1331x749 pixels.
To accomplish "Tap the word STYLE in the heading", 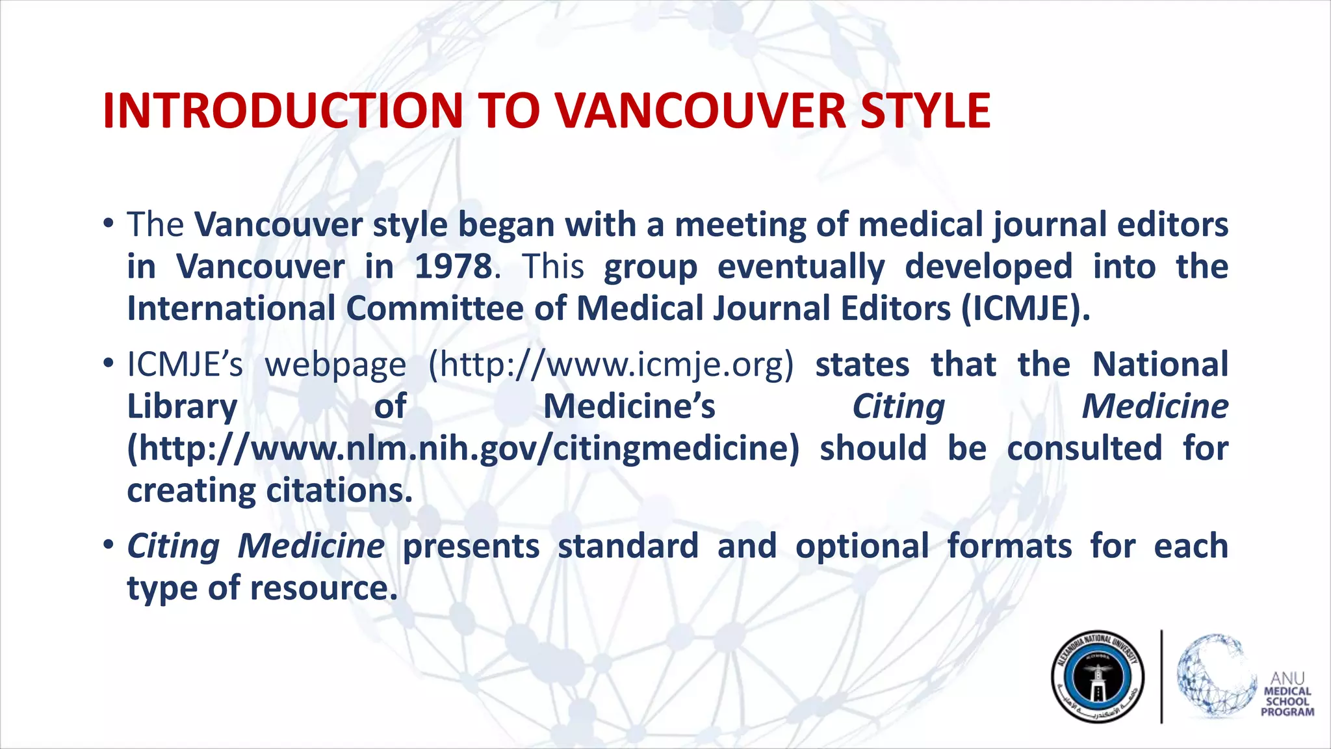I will pyautogui.click(x=925, y=111).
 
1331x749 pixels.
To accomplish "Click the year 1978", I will pyautogui.click(x=454, y=267).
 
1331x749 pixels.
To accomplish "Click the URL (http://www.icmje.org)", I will pyautogui.click(x=611, y=364).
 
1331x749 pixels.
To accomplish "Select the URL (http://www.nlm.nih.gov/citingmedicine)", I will pyautogui.click(x=463, y=449).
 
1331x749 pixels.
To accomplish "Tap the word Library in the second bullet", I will pyautogui.click(x=182, y=406).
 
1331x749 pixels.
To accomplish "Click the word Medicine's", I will pyautogui.click(x=629, y=406).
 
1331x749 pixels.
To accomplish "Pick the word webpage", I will pyautogui.click(x=335, y=364).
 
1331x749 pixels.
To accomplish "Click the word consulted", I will pyautogui.click(x=1085, y=449).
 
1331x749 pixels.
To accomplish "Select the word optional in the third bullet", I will pyautogui.click(x=862, y=545).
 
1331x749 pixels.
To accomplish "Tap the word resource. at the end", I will pyautogui.click(x=324, y=588).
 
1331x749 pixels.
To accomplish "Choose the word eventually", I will pyautogui.click(x=801, y=267).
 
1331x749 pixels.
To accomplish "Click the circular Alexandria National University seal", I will pyautogui.click(x=1098, y=677).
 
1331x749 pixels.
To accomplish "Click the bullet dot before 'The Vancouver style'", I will pyautogui.click(x=109, y=224).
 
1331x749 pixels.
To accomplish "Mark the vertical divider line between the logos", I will pyautogui.click(x=1161, y=676).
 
